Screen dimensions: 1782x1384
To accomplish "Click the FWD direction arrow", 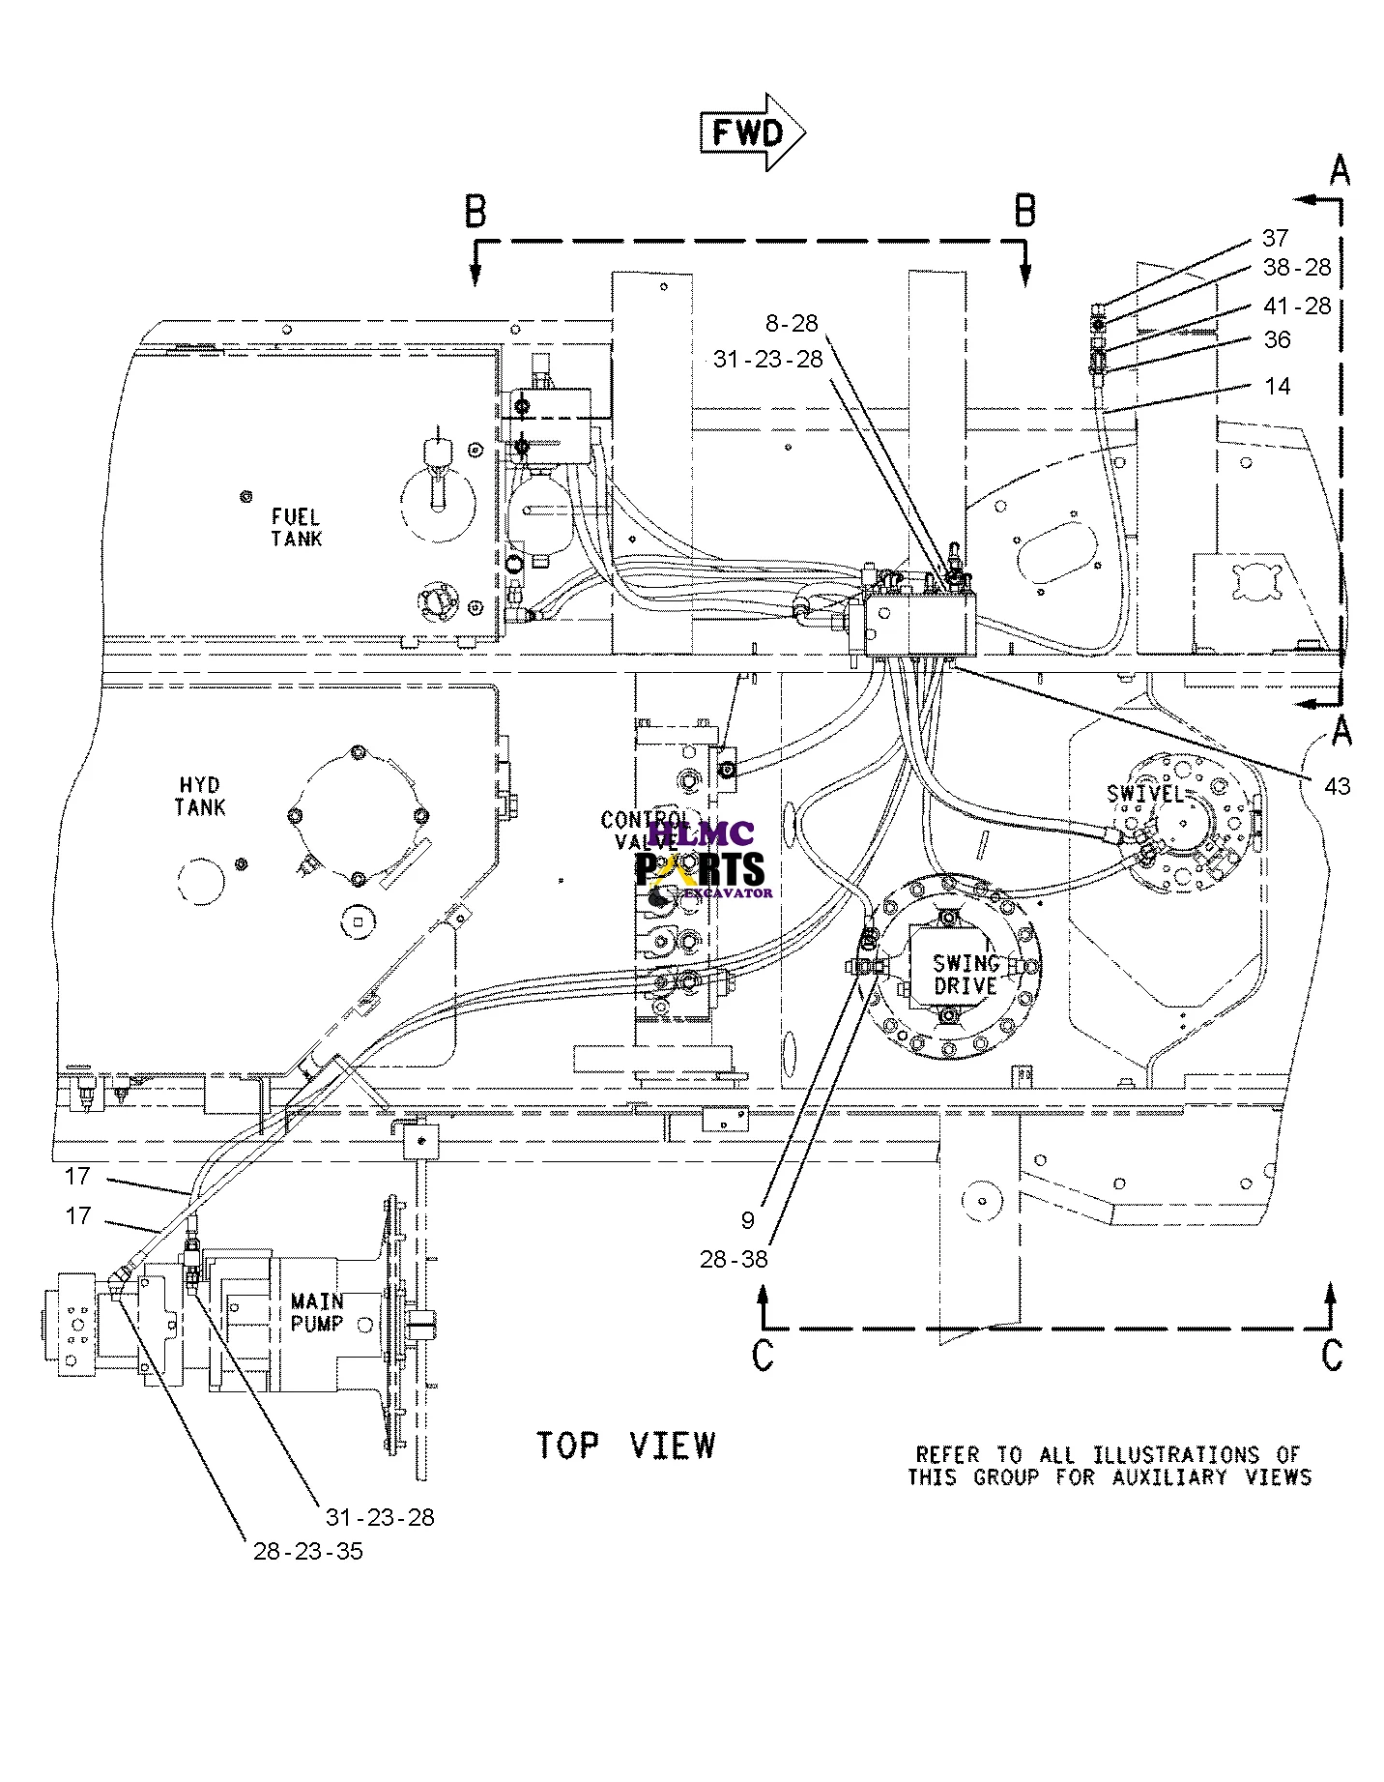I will click(x=752, y=132).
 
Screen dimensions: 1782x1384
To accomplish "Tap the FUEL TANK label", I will click(x=296, y=528).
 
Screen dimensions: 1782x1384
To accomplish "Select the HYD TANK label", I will click(x=200, y=796).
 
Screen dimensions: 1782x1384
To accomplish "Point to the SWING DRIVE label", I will click(x=966, y=974).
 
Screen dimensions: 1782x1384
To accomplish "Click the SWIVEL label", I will click(x=1146, y=794).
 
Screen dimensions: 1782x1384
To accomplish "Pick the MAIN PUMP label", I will click(x=317, y=1312).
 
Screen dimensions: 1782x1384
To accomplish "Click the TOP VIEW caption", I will click(x=626, y=1446).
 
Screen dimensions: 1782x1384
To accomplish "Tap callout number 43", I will click(x=1338, y=787).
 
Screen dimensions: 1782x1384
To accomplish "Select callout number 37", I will click(x=1275, y=238).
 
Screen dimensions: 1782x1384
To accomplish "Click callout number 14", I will click(x=1277, y=386).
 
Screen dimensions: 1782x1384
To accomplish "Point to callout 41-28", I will click(x=1296, y=307).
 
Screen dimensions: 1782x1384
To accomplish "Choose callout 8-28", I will click(x=792, y=324).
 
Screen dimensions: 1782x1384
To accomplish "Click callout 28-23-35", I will click(x=308, y=1552).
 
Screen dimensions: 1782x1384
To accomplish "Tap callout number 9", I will click(x=747, y=1220).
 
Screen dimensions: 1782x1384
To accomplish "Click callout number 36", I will click(x=1277, y=339).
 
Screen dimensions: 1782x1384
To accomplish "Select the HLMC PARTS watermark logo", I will click(x=700, y=859).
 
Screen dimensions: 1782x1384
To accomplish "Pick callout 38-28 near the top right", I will click(x=1296, y=268).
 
